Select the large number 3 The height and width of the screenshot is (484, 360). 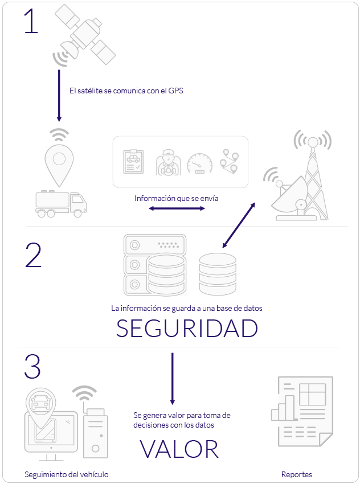[x=33, y=367]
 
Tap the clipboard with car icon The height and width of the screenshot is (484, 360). [x=134, y=162]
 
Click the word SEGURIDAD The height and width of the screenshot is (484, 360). [x=187, y=329]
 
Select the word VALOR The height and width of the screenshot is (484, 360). [x=179, y=449]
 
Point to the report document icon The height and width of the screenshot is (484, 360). [x=301, y=410]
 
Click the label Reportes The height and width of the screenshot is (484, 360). [x=297, y=474]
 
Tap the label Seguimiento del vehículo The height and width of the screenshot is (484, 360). [x=66, y=474]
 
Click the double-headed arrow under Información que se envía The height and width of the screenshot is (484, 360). [x=177, y=209]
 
